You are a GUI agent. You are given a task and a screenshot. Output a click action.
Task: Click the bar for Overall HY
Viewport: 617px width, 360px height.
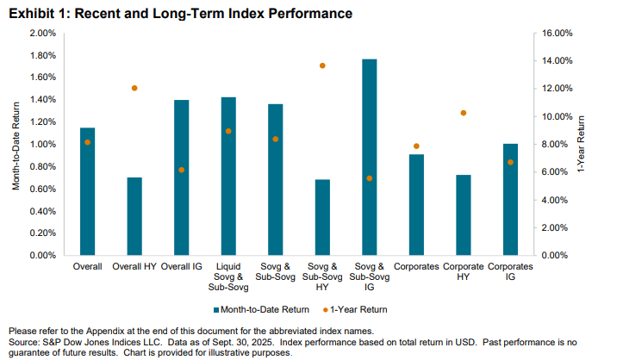[x=134, y=217]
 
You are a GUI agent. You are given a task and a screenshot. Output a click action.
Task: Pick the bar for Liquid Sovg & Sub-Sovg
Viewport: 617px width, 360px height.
[x=227, y=177]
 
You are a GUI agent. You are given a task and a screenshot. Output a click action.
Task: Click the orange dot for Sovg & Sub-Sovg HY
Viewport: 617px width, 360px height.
[x=322, y=65]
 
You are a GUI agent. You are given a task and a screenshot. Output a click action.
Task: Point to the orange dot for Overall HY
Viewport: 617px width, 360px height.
[x=134, y=88]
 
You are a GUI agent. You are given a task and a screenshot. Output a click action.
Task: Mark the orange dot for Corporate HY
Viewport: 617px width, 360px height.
[x=463, y=113]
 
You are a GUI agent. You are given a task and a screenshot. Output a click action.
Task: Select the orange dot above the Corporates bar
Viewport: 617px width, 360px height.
[x=416, y=146]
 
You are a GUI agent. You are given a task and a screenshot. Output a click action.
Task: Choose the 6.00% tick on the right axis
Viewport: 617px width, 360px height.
[x=558, y=172]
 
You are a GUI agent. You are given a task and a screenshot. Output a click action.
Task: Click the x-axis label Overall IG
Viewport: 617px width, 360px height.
[x=181, y=268]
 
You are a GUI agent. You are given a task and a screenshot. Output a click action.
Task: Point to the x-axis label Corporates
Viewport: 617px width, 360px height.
[x=416, y=268]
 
